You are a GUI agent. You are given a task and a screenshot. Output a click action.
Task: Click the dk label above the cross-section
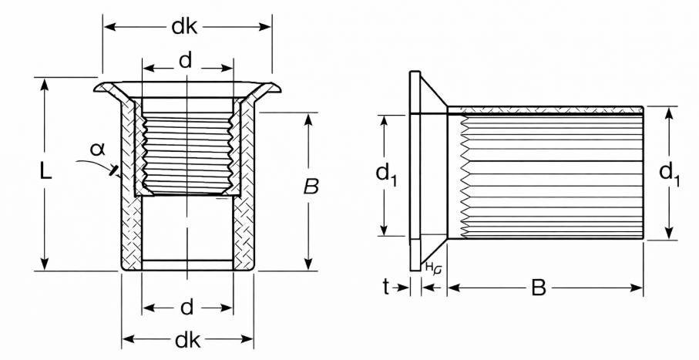point(184,27)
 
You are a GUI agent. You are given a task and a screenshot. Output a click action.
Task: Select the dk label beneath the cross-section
point(188,341)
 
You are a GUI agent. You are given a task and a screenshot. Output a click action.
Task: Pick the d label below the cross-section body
point(187,308)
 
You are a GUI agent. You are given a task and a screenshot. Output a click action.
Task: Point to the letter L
point(45,171)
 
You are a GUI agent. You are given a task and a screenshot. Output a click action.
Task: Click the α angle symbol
point(97,149)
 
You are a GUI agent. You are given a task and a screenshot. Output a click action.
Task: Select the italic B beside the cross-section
point(311,187)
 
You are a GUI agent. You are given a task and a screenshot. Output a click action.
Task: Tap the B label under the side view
point(539,288)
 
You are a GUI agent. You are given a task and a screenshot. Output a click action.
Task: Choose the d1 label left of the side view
point(386,173)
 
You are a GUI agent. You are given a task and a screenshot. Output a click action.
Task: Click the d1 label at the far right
point(670,174)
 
